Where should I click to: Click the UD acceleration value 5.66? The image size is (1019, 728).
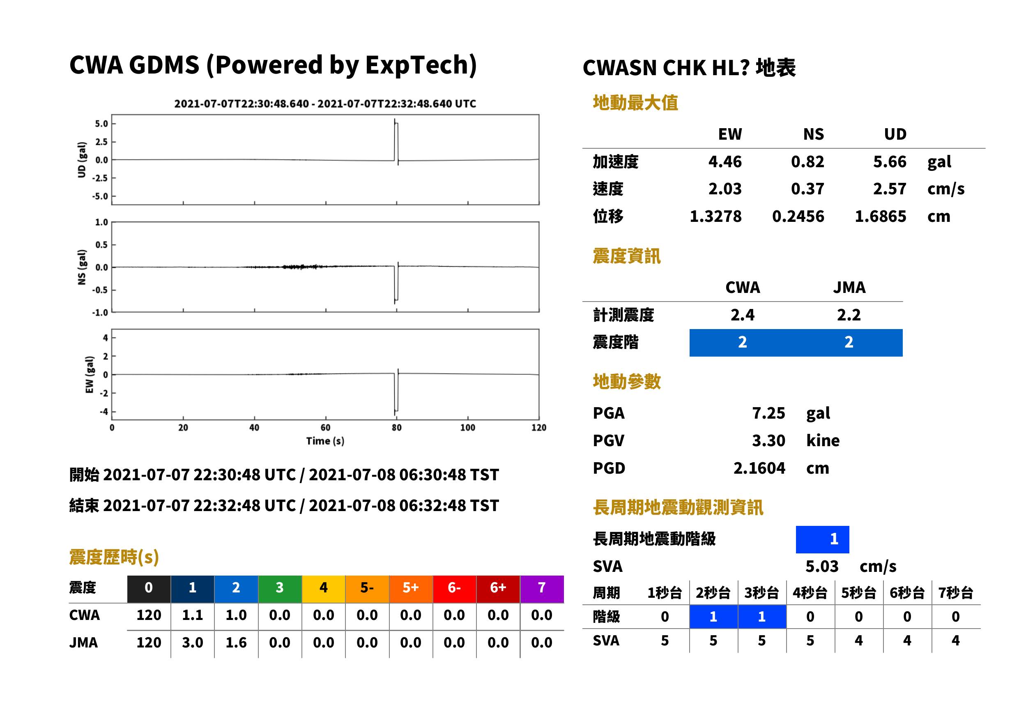(890, 162)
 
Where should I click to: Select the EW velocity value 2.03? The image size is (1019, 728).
(725, 189)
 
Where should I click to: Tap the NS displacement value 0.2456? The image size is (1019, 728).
(798, 217)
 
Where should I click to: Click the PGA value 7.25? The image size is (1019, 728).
(768, 413)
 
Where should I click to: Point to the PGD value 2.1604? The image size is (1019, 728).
(759, 468)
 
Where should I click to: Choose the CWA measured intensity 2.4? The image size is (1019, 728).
(742, 315)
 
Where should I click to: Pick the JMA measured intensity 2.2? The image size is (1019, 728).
(849, 315)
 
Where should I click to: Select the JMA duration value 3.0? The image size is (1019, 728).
(192, 643)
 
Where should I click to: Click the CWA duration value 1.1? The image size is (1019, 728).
(192, 615)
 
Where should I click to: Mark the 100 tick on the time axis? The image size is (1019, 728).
(467, 428)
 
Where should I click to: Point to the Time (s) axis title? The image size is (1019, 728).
(325, 441)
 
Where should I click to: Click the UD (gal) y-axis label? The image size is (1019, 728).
(82, 160)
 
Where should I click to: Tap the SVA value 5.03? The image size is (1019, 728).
(822, 566)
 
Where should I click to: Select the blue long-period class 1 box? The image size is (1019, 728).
(822, 539)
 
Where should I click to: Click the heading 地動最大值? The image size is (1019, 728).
(635, 103)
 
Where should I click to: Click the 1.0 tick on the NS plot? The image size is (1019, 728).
(102, 222)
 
